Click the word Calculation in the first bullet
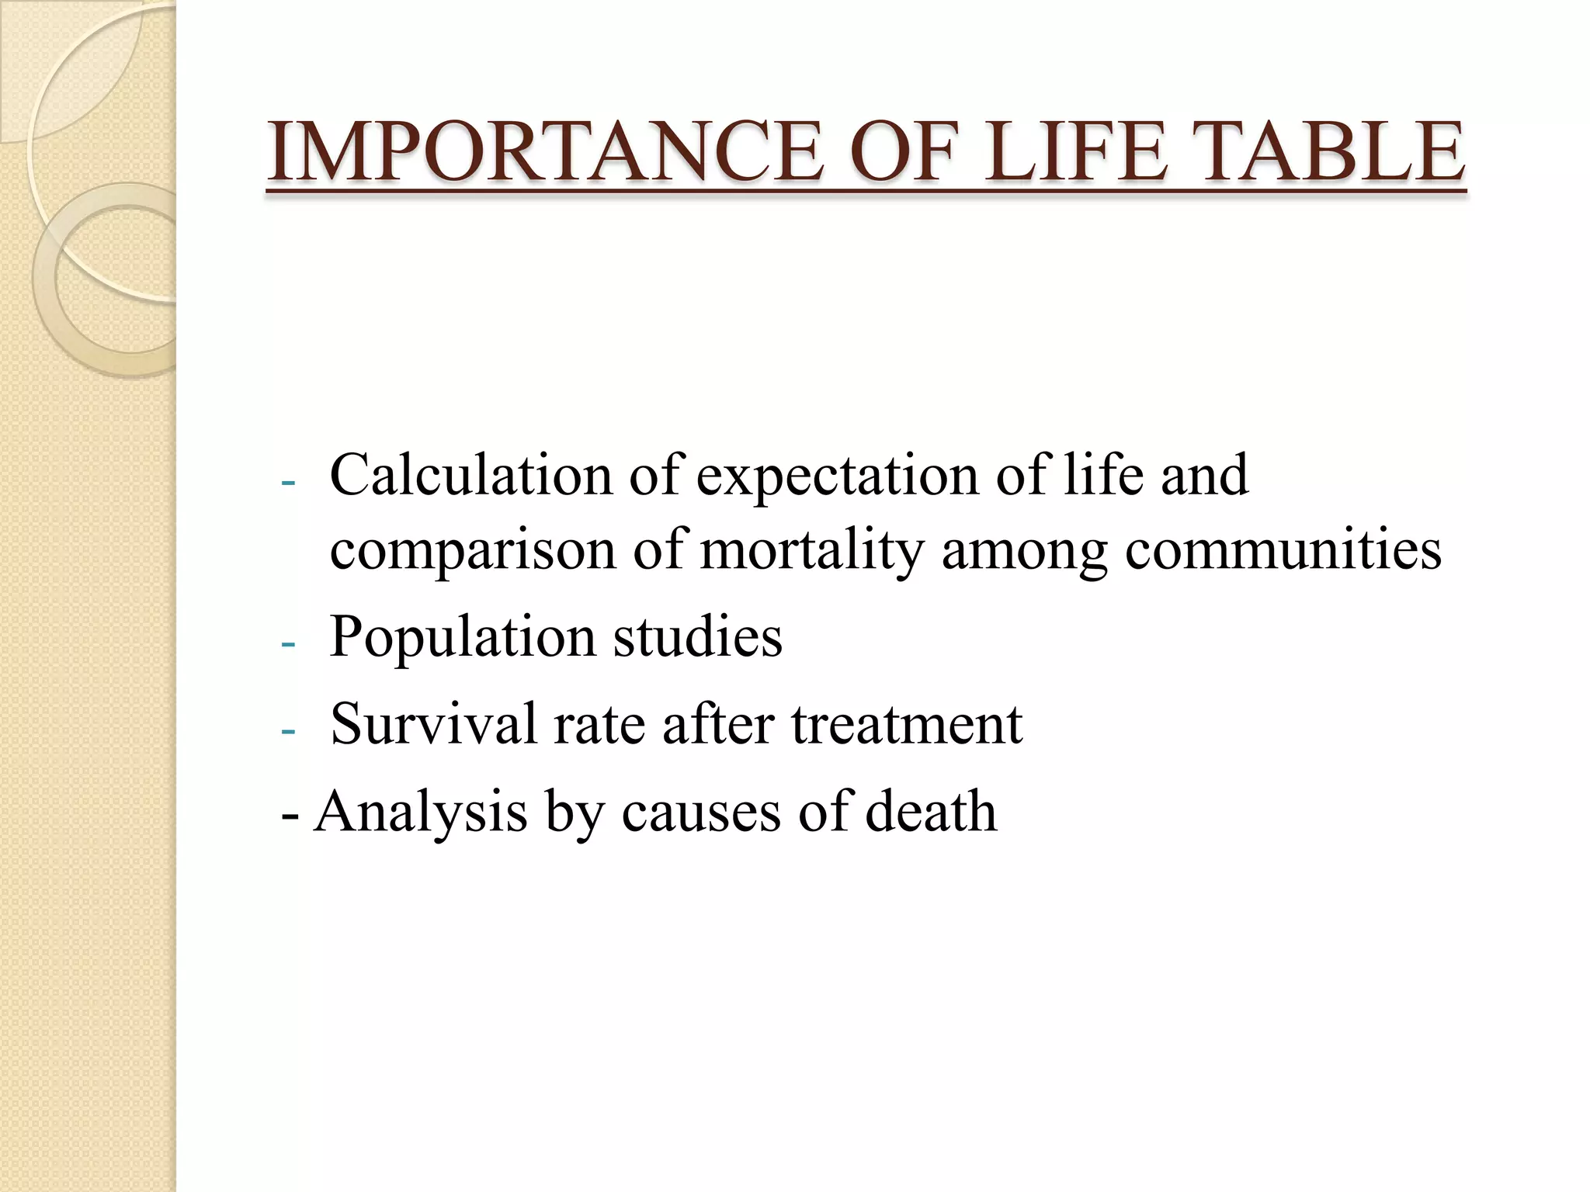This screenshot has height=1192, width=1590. [x=470, y=475]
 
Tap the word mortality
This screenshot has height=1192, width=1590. [x=812, y=551]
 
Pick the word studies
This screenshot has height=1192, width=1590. [x=698, y=636]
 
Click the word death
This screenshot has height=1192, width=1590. [x=931, y=810]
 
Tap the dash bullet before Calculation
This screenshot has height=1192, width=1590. [x=288, y=483]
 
